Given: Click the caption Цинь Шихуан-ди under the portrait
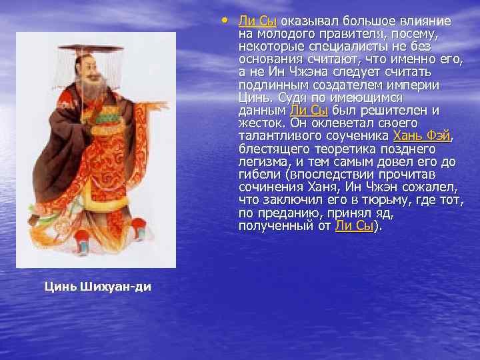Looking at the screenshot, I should click(x=98, y=287).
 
